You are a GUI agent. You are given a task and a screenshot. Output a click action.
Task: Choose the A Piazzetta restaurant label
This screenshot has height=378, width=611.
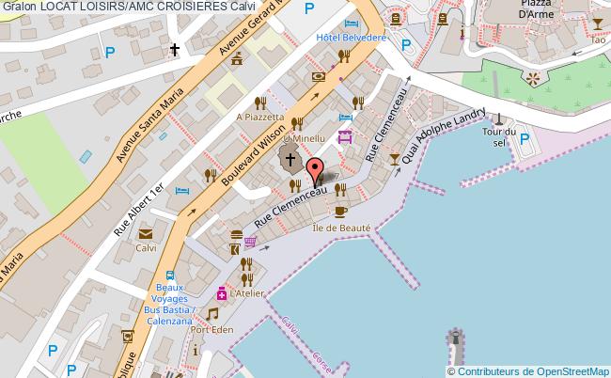[259, 117]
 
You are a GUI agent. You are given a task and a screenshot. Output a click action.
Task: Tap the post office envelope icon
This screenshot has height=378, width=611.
[146, 233]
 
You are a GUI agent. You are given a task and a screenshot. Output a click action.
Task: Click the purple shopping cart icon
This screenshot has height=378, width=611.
[250, 241]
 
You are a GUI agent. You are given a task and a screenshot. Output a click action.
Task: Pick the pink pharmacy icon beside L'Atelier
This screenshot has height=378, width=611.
[222, 292]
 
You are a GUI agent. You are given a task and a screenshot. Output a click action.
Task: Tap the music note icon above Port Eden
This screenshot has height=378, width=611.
[212, 313]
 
